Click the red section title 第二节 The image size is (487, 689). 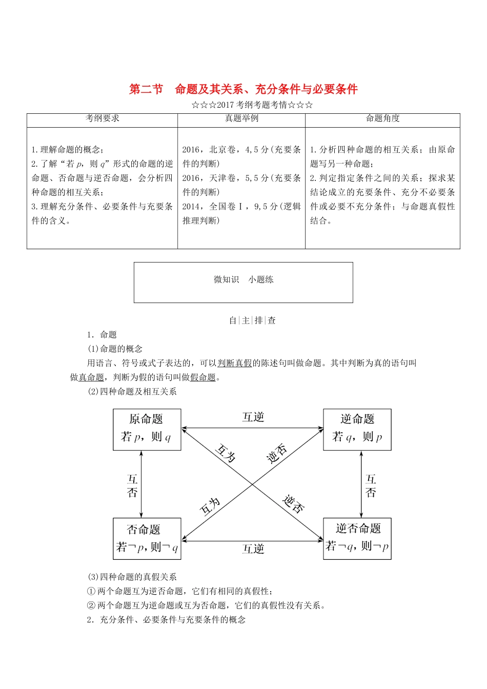(146, 89)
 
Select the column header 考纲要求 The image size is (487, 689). (103, 118)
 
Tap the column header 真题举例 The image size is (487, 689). (241, 118)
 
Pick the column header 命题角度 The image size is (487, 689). (382, 118)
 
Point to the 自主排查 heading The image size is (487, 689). (252, 320)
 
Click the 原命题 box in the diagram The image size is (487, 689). (147, 430)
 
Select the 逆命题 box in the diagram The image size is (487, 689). (357, 430)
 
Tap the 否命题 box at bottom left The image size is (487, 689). (147, 538)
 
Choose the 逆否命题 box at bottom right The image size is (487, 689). (357, 538)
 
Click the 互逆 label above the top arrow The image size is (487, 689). (253, 417)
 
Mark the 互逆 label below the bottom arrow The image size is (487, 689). (253, 549)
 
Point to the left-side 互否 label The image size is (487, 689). (133, 485)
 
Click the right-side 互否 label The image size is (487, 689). (371, 485)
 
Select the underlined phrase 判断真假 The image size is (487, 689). (235, 363)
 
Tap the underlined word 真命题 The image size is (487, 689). (91, 377)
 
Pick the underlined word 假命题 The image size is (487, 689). (203, 377)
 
